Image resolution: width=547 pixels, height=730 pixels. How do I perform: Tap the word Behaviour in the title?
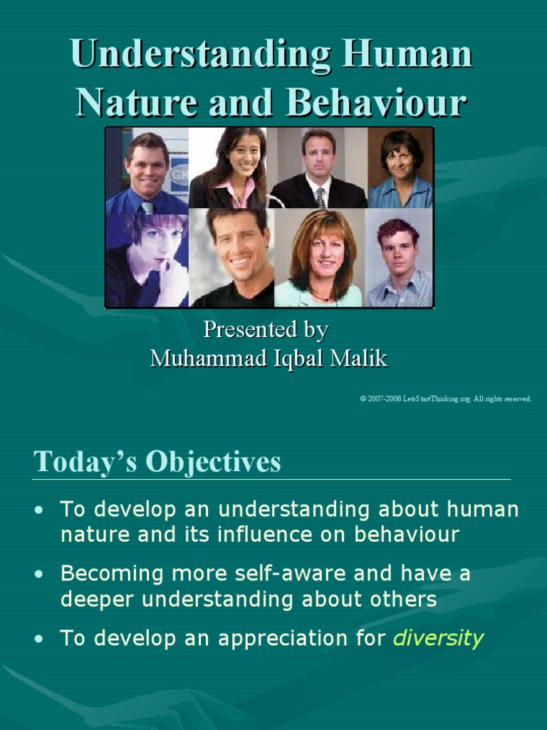[377, 103]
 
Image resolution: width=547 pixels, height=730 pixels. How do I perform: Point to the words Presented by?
[266, 329]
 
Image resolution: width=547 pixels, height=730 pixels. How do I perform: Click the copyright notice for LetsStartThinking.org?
[446, 399]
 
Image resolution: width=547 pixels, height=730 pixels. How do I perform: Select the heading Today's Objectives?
[157, 462]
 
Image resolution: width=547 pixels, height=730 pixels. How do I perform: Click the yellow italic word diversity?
[438, 637]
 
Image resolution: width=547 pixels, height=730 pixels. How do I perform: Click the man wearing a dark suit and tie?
[318, 168]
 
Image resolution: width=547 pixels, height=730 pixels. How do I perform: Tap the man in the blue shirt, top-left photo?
[147, 171]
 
